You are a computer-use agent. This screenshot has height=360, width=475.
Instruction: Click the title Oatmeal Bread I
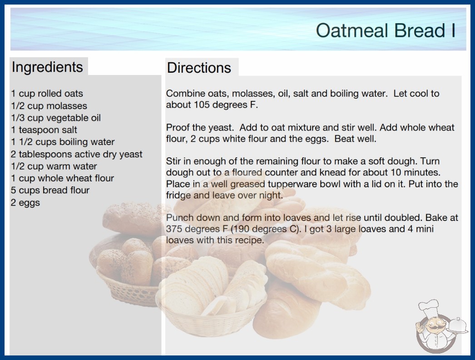(x=386, y=30)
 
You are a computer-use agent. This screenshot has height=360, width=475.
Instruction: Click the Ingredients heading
(x=47, y=67)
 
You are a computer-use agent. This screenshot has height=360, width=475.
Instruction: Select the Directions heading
(x=199, y=68)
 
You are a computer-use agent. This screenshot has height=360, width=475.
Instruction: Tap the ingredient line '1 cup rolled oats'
(x=47, y=94)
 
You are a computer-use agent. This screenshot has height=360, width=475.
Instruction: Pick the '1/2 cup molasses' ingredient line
(x=49, y=105)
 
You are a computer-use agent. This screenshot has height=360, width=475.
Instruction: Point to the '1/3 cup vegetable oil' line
(x=56, y=118)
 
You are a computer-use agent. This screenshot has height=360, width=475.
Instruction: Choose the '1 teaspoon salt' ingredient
(x=44, y=130)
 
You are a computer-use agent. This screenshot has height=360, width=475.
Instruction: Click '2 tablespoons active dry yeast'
(x=76, y=154)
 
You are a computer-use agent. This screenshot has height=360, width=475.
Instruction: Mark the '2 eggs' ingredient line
(x=25, y=203)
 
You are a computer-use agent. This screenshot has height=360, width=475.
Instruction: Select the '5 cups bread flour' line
(x=50, y=190)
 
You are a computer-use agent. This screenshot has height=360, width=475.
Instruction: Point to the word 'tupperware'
(x=292, y=184)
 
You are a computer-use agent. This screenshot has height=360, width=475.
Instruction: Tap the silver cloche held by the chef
(x=457, y=325)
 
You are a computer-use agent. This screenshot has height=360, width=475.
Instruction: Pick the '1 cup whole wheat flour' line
(x=62, y=178)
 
